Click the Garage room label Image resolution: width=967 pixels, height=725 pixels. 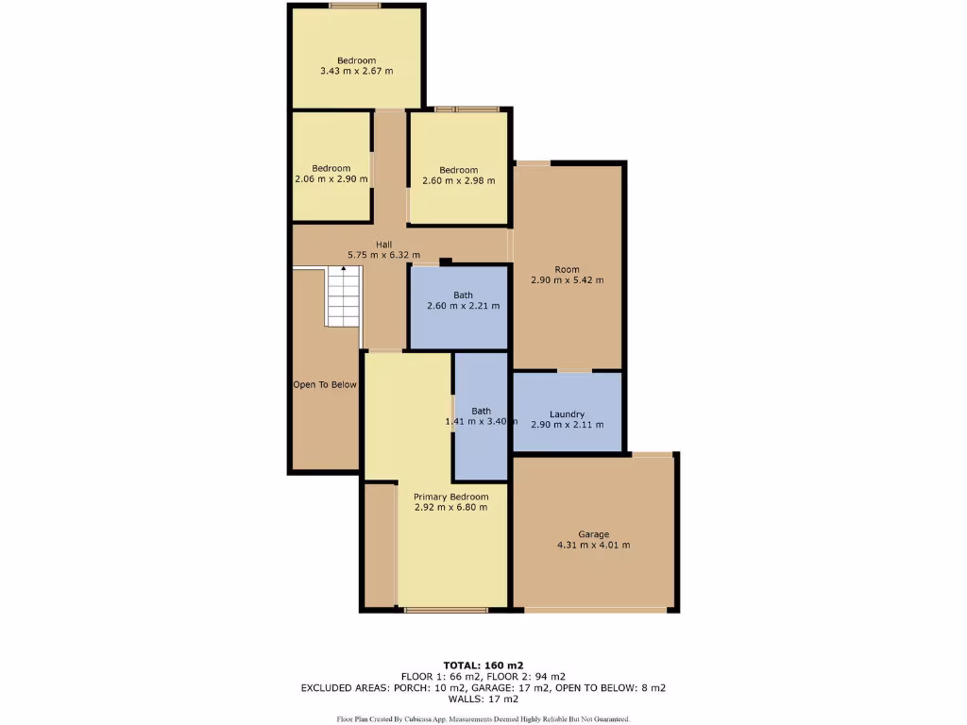click(x=593, y=534)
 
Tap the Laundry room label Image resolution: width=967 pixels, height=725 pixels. click(x=567, y=413)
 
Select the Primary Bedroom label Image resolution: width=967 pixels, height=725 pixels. click(x=450, y=497)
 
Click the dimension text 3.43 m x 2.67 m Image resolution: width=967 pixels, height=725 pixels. click(x=357, y=71)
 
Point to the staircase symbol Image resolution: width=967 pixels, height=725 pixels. click(x=344, y=296)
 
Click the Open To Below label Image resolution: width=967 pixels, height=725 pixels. click(x=324, y=384)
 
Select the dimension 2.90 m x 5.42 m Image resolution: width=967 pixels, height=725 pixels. click(x=567, y=280)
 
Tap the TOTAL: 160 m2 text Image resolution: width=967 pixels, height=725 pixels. click(x=483, y=665)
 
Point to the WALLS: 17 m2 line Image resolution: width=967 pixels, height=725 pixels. click(x=483, y=699)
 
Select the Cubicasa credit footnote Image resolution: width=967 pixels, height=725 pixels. click(x=483, y=719)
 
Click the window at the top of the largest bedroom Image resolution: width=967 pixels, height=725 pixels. click(x=355, y=6)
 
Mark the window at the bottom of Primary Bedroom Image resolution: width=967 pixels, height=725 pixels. click(x=447, y=611)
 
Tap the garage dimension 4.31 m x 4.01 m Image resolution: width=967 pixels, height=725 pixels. click(x=593, y=545)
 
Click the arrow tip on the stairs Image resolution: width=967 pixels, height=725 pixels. click(x=344, y=268)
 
